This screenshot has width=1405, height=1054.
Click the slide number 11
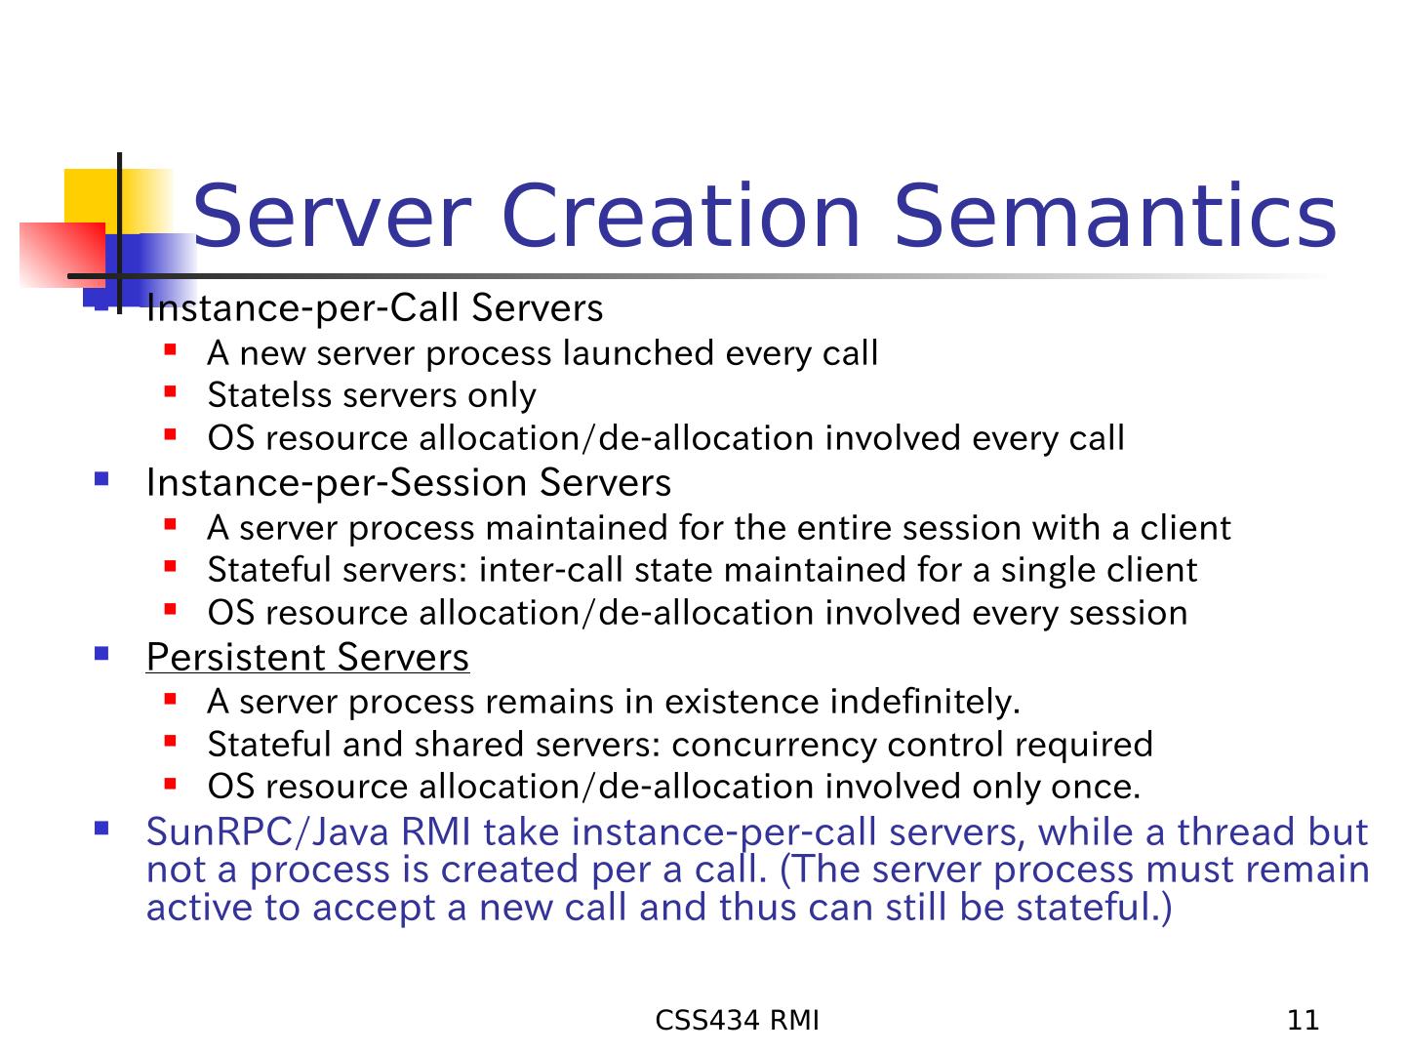point(1304,1020)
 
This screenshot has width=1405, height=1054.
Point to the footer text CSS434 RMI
point(737,1020)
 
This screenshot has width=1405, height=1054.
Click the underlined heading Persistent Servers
point(307,657)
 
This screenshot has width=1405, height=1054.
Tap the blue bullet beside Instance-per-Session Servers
point(101,478)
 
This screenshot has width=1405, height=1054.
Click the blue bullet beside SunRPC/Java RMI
point(101,829)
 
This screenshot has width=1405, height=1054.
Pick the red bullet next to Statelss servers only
point(170,391)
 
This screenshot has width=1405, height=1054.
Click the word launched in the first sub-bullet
point(638,352)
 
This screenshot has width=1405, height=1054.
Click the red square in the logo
point(62,255)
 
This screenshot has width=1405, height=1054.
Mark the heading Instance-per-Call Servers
point(375,307)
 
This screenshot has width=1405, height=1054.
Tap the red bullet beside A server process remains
point(170,698)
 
